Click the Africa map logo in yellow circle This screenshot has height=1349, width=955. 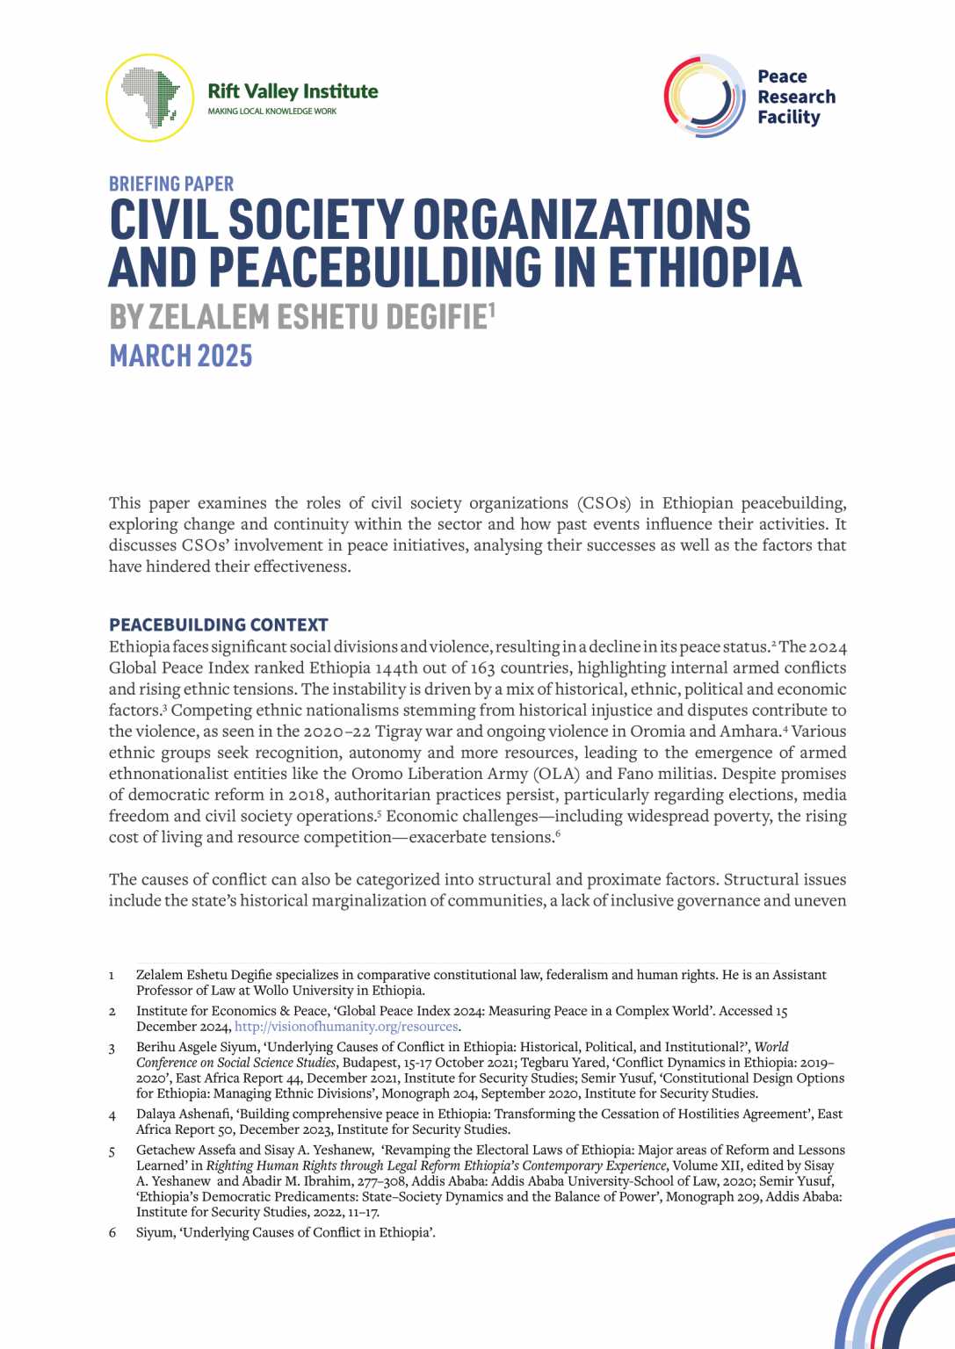(x=149, y=97)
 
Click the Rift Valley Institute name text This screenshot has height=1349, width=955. (x=293, y=91)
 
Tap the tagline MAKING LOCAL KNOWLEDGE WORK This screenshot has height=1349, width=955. (x=271, y=112)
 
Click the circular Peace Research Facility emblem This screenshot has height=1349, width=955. (x=705, y=96)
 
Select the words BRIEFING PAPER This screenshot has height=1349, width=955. (x=171, y=184)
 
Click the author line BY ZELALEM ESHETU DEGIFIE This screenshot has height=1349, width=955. (x=299, y=317)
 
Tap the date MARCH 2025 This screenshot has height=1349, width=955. (x=181, y=356)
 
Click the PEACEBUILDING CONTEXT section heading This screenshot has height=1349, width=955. (x=219, y=624)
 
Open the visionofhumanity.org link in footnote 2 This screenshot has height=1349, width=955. (x=346, y=1027)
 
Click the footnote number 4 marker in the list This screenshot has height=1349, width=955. (x=112, y=1115)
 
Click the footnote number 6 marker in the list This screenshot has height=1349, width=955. (x=112, y=1233)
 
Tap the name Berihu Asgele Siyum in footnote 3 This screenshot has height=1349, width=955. (x=192, y=1047)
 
